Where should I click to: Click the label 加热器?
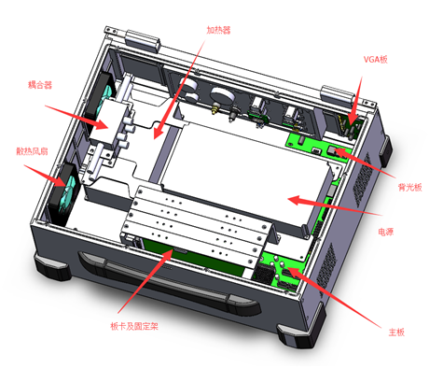tap(219, 30)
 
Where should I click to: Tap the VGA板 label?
tap(376, 59)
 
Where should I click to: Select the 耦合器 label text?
tap(40, 85)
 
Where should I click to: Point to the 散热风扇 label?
tap(32, 151)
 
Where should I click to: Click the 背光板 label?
tap(409, 187)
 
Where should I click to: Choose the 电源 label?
tap(386, 232)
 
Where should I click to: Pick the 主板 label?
tap(396, 333)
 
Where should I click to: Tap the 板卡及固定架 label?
tap(134, 326)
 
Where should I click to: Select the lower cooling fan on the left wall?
tap(65, 193)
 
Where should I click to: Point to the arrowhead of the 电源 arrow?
tap(295, 200)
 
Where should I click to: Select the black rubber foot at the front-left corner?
tap(51, 267)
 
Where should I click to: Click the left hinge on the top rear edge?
tap(143, 40)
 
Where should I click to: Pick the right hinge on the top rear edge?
tap(338, 95)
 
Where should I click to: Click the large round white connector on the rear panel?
tap(223, 95)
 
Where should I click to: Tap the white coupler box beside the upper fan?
tap(109, 123)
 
